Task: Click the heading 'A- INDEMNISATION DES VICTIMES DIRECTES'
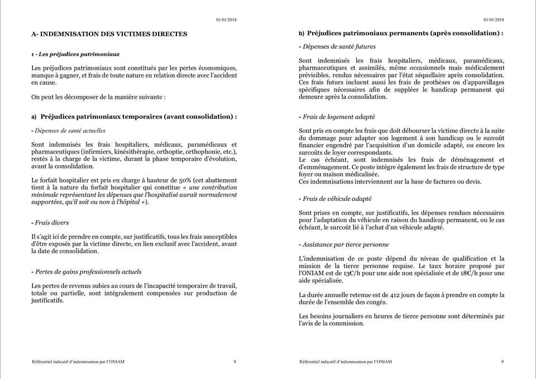109,34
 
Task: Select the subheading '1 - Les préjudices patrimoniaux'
75,54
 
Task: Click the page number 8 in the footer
234,362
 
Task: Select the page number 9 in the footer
502,362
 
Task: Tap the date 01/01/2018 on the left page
226,20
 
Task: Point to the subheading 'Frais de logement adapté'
338,117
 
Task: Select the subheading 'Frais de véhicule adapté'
337,199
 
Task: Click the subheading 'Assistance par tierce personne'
346,244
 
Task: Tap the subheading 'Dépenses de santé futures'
339,47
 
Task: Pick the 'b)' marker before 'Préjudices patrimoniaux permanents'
301,33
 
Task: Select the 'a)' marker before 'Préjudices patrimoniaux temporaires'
34,117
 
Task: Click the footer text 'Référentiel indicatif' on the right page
322,362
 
